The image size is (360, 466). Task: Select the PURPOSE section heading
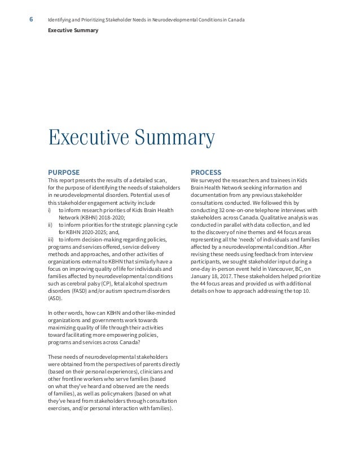(x=64, y=172)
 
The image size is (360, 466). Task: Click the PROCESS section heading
(x=206, y=172)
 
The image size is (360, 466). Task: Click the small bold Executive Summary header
(x=73, y=30)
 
